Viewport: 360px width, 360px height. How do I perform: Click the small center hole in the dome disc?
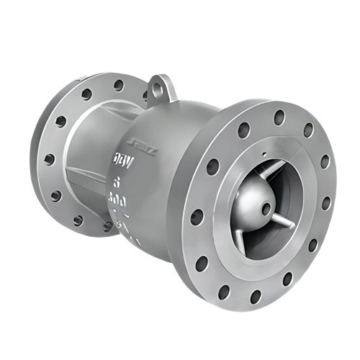click(x=268, y=209)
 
